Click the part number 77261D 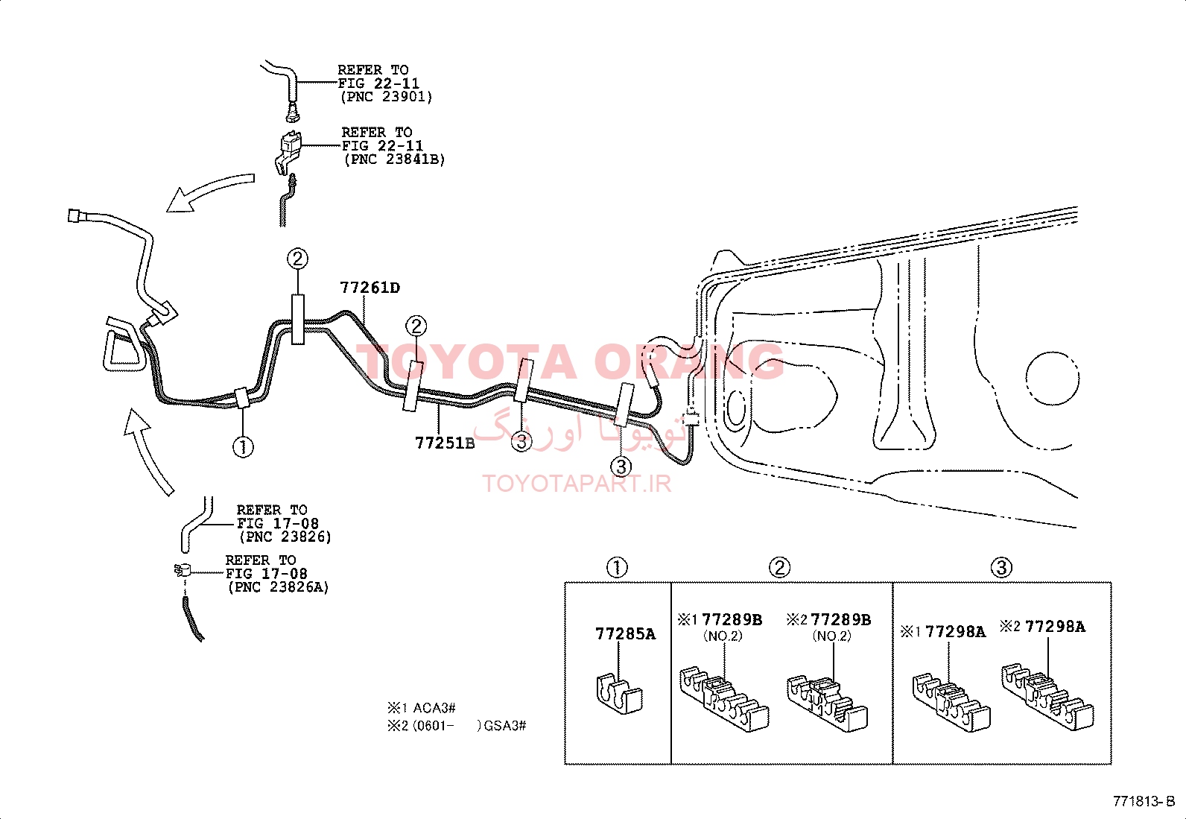coord(370,288)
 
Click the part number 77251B coord(445,443)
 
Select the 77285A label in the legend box coord(625,633)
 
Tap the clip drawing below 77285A coord(619,694)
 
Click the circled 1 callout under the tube coord(243,447)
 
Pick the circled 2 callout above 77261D coord(297,259)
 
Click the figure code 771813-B coord(1144,802)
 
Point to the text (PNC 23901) coord(386,97)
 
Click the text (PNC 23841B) coord(394,159)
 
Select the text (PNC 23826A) coord(279,587)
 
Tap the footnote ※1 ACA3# coord(422,708)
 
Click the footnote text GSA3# coord(505,726)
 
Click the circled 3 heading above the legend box coord(1001,567)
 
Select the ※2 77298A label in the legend coord(1042,627)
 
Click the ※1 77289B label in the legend coord(720,620)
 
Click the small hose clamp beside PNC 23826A coord(183,571)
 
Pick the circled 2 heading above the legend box coord(779,567)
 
